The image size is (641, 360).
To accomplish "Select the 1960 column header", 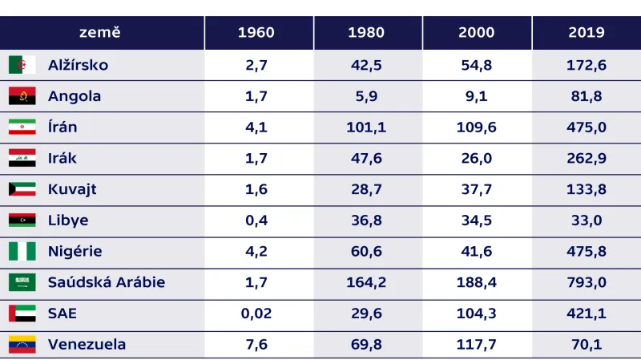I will (x=256, y=33).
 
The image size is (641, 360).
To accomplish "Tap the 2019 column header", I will (x=586, y=33).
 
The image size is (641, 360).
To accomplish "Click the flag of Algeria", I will (x=22, y=65).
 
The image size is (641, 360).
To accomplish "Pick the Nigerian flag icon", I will (x=22, y=251).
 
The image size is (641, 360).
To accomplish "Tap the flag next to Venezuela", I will (x=22, y=345).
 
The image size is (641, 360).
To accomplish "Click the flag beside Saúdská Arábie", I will (x=22, y=282).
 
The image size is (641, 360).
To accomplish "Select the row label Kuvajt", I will (x=72, y=189).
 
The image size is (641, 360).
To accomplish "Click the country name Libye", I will (x=68, y=220).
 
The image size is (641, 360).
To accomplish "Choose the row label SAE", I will (x=62, y=313).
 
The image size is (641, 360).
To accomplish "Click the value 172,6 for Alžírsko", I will (x=586, y=65).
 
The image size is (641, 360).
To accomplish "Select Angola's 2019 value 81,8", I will (x=586, y=96).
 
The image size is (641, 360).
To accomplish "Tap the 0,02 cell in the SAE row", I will (x=256, y=313).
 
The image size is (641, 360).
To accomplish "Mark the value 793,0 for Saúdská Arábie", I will (x=586, y=282).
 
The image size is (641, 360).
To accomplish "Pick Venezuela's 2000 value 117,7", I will (x=476, y=345).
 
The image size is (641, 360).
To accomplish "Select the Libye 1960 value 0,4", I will (x=256, y=220).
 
